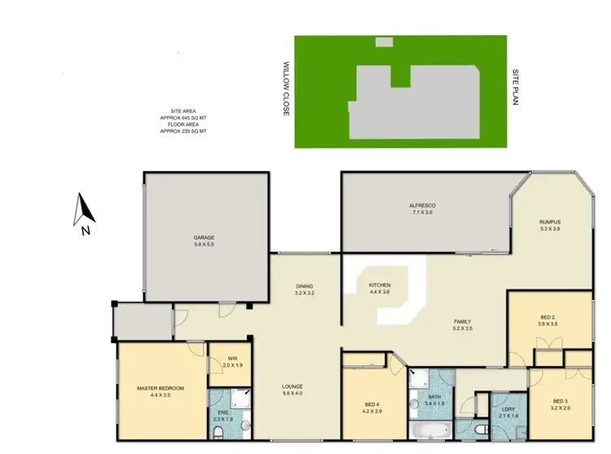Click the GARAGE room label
click(204, 238)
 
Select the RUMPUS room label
click(551, 222)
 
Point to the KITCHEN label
click(380, 285)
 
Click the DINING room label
click(305, 286)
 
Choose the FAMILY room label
click(462, 321)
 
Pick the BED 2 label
click(547, 316)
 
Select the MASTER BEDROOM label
click(160, 388)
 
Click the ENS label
click(223, 412)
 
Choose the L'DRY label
click(508, 409)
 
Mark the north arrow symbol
click(85, 211)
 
